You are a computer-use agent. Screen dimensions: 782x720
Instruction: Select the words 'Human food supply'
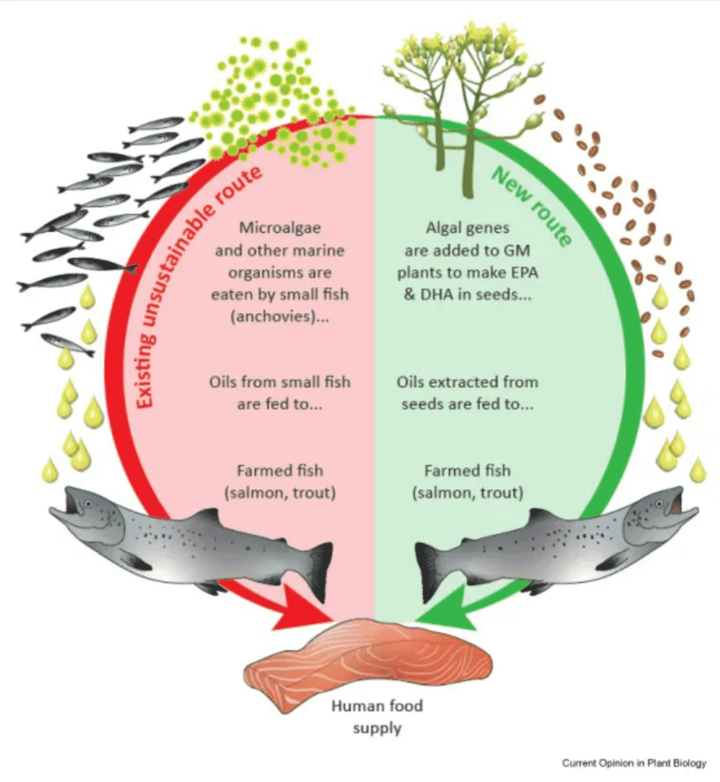[377, 717]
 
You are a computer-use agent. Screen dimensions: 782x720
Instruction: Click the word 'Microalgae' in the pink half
[280, 228]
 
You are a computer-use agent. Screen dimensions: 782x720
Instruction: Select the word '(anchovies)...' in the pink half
[280, 316]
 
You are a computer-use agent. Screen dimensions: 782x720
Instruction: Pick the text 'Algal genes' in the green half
[467, 228]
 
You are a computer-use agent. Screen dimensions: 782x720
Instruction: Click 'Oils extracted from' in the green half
[467, 382]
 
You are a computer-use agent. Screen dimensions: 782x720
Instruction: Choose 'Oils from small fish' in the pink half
[280, 382]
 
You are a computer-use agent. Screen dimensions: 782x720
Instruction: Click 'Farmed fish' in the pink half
[280, 471]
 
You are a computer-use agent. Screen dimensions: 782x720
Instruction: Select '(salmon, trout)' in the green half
[467, 493]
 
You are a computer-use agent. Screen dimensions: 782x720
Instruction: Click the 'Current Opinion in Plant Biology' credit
[634, 763]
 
